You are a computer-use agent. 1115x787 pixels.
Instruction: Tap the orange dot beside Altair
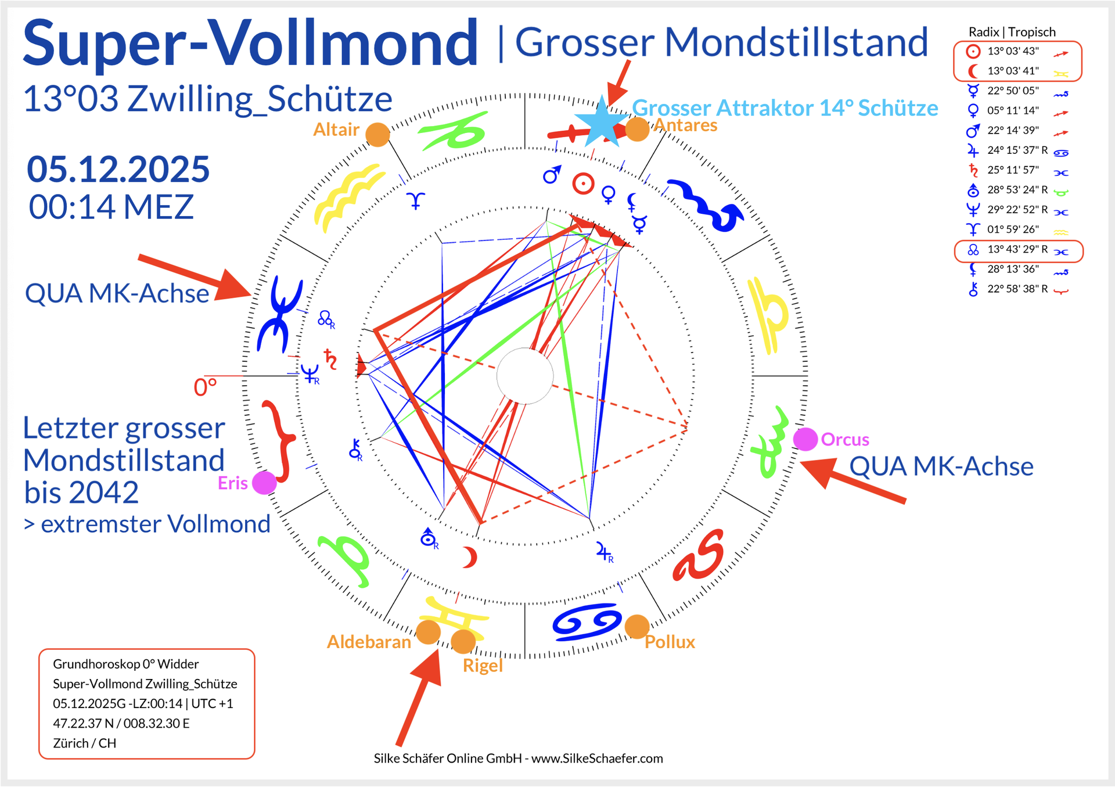pos(377,135)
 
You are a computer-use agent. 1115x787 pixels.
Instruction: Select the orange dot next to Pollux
pos(636,626)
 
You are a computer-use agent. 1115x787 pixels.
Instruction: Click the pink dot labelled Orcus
pos(805,439)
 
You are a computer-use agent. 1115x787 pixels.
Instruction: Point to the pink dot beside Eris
pos(264,483)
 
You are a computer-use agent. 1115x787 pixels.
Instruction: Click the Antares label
pos(686,125)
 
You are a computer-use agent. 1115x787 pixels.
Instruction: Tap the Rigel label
pos(483,666)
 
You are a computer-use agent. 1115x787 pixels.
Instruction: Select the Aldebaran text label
pos(369,642)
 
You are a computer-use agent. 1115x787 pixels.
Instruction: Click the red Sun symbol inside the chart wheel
pos(583,184)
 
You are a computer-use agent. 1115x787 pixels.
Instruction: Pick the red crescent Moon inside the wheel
pos(469,557)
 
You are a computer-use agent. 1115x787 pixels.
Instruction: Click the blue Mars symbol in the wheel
pos(552,174)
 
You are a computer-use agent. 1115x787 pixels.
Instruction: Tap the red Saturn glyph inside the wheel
pos(330,360)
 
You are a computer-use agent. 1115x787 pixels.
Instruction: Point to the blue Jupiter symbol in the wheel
pos(604,552)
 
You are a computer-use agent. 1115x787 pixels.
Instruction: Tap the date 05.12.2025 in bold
pos(118,170)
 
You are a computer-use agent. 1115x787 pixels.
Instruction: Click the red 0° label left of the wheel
pos(205,387)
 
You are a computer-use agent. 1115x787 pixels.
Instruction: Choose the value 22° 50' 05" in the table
pos(1013,91)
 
